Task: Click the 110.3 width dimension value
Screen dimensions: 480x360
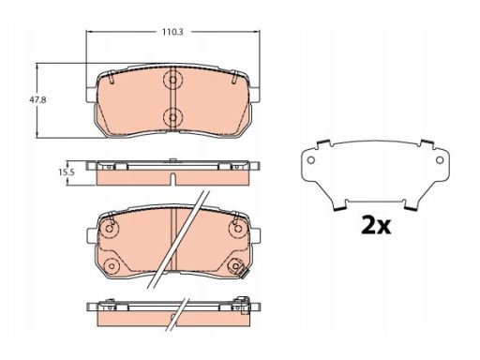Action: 172,32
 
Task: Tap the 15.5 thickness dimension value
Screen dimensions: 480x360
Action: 67,172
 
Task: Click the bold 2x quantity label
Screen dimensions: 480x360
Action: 376,225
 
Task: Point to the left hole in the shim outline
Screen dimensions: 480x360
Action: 310,160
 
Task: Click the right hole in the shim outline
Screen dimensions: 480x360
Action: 440,160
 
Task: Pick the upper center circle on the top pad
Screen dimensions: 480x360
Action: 172,80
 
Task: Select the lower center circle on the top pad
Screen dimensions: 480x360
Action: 172,117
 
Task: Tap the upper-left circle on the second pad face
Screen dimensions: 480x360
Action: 110,229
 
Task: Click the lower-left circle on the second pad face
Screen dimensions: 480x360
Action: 112,266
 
